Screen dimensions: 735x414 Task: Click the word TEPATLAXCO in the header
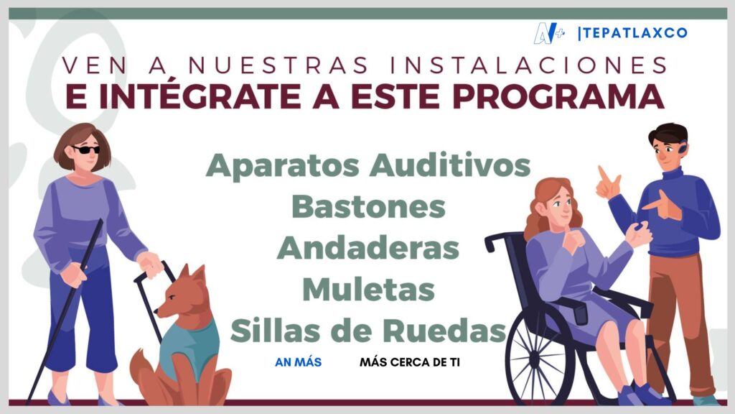(635, 33)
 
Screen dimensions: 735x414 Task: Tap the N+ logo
(549, 33)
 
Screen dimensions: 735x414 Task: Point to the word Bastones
(368, 206)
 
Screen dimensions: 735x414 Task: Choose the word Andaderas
(368, 248)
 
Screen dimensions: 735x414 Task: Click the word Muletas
(368, 289)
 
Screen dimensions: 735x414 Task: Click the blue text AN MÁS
(298, 362)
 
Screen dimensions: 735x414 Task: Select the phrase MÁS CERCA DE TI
(410, 362)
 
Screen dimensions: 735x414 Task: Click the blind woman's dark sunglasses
(86, 149)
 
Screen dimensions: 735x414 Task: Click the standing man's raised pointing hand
(608, 184)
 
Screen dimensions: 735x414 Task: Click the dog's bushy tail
(144, 375)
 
